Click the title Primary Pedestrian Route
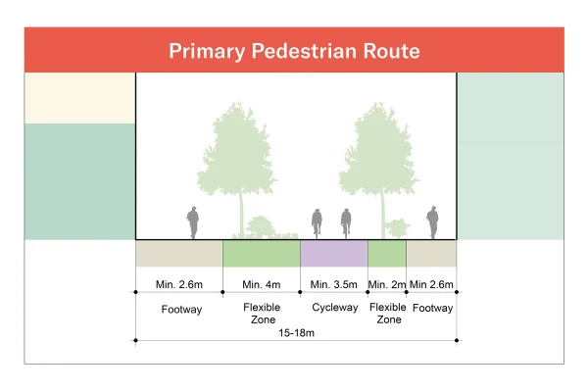294,51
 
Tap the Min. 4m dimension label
261,285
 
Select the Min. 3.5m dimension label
333,285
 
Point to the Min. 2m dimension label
386,285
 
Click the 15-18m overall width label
295,333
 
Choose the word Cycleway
334,308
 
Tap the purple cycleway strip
333,254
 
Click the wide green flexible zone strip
261,254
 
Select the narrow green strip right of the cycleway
386,254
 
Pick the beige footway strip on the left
178,254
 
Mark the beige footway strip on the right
431,254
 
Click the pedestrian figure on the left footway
193,222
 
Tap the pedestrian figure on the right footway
431,222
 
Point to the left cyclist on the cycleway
317,223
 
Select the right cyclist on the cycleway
346,223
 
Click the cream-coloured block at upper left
79,98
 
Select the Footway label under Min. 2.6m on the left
178,308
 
